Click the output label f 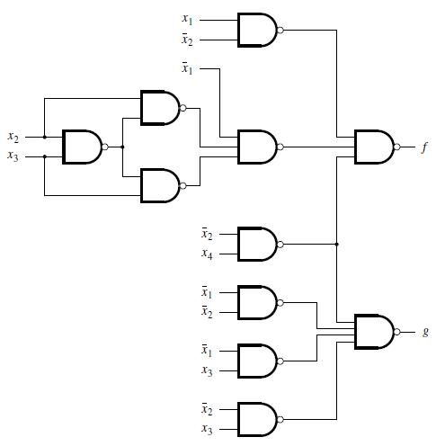click(424, 147)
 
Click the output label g click(425, 332)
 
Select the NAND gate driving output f click(374, 147)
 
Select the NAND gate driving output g click(374, 332)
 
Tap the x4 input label click(208, 254)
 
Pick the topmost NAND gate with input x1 click(256, 30)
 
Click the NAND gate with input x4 click(256, 243)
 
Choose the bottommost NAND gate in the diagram click(256, 417)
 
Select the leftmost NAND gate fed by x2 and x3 click(81, 147)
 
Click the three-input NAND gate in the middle click(256, 147)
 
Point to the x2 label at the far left click(13, 137)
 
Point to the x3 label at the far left click(13, 157)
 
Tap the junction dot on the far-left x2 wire click(44, 137)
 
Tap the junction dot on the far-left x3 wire click(44, 157)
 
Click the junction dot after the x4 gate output click(336, 244)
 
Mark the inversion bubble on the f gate click(398, 147)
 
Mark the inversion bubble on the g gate click(398, 332)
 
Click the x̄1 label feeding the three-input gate click(186, 67)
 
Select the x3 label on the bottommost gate click(208, 428)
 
